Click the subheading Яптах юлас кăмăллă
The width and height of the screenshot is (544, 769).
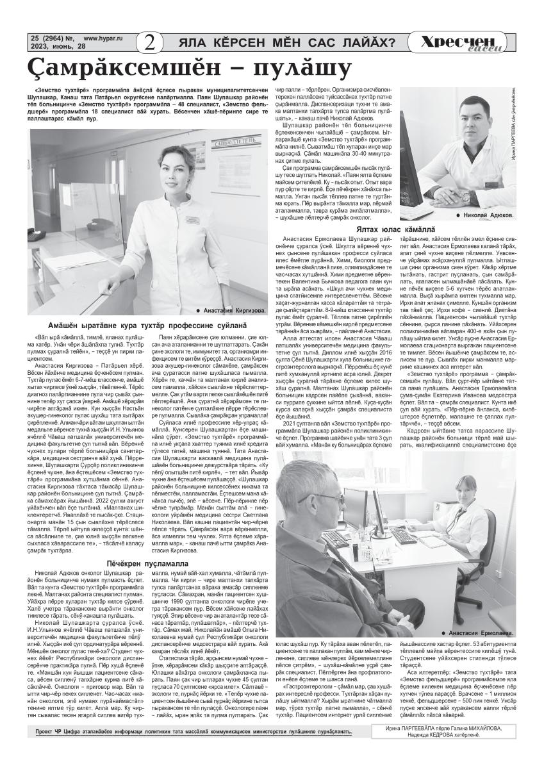[x=395, y=229]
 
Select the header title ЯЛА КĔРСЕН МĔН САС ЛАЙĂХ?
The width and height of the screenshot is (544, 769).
[x=286, y=43]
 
